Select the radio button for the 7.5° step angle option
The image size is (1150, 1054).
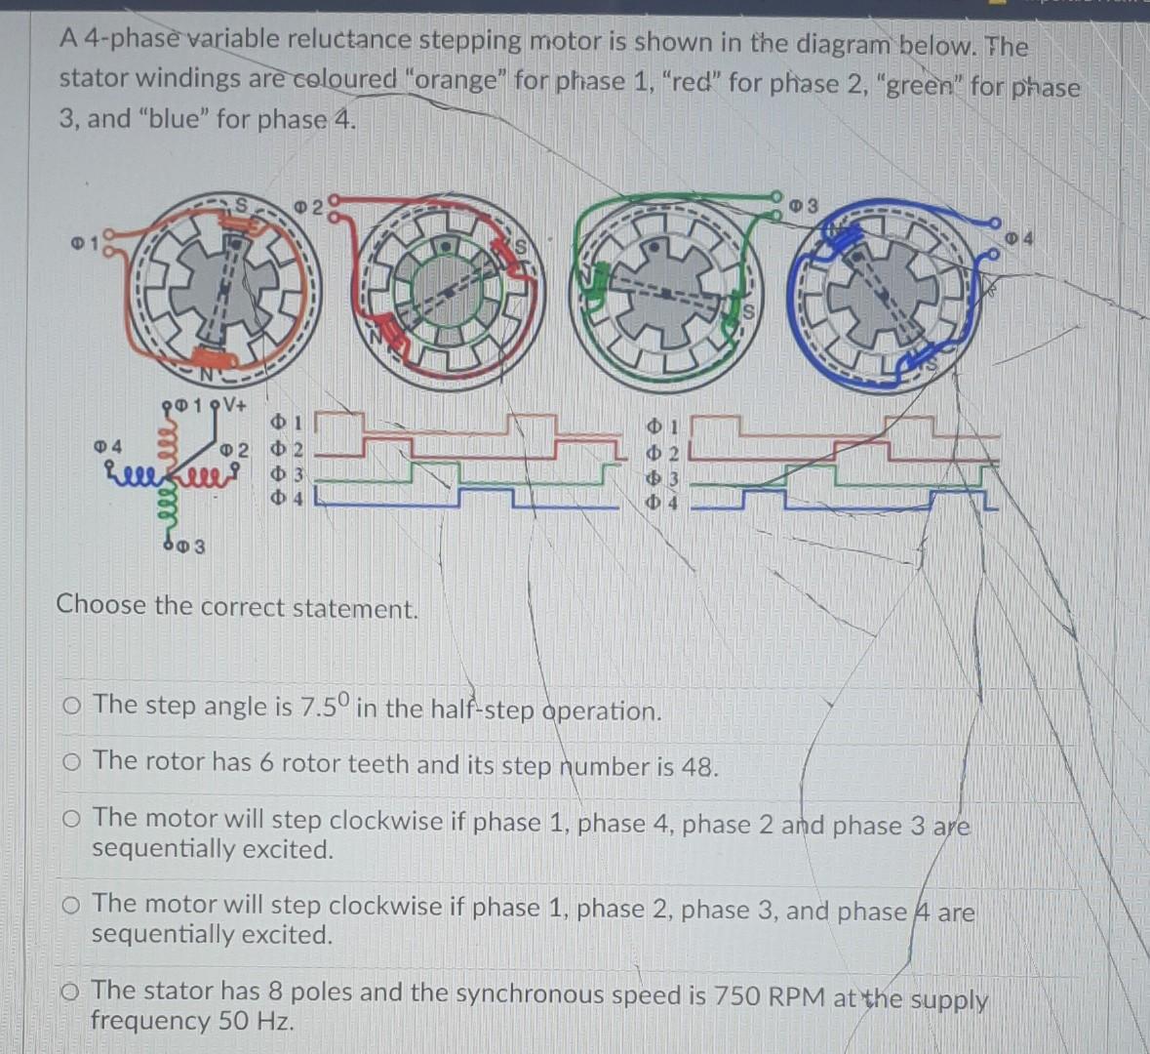pyautogui.click(x=71, y=706)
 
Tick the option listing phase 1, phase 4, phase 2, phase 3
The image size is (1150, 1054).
pyautogui.click(x=71, y=820)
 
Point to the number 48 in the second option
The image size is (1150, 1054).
pyautogui.click(x=698, y=766)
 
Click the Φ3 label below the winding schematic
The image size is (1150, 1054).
pyautogui.click(x=191, y=547)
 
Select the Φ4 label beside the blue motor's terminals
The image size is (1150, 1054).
pyautogui.click(x=1019, y=237)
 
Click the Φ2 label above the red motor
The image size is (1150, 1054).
pyautogui.click(x=308, y=206)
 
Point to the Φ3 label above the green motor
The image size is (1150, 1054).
pyautogui.click(x=804, y=205)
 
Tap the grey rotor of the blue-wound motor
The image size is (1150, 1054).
pyautogui.click(x=882, y=291)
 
